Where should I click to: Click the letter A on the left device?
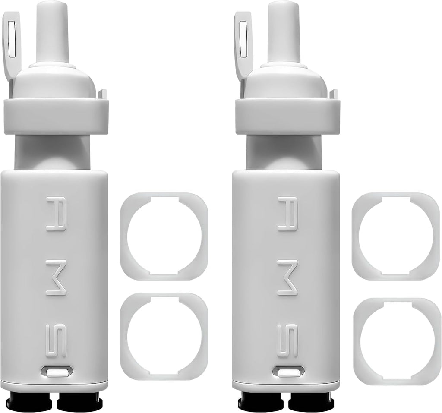pyautogui.click(x=56, y=214)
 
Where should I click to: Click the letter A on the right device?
pyautogui.click(x=287, y=214)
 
